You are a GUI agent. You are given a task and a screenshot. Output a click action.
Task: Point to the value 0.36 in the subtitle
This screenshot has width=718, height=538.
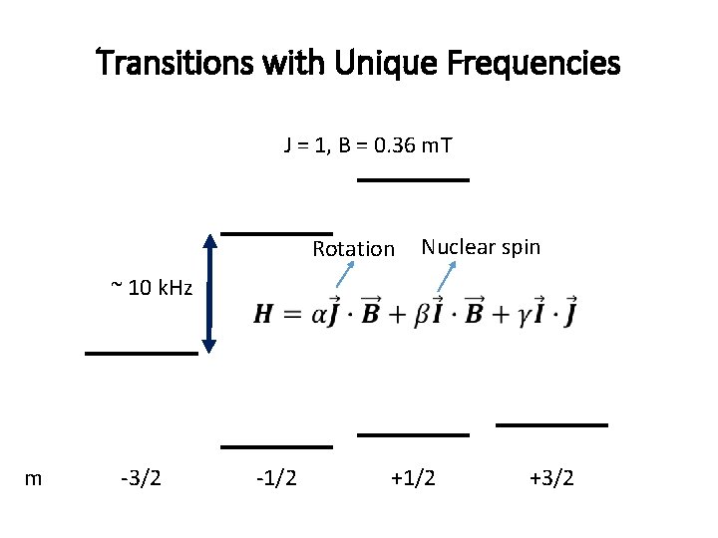(x=397, y=146)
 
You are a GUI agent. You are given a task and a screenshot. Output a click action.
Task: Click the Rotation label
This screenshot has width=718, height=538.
(x=353, y=249)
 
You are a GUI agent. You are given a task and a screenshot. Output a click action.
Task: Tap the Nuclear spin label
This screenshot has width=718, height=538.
(x=481, y=246)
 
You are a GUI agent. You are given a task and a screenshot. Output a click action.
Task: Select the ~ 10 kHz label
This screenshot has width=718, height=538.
(x=151, y=289)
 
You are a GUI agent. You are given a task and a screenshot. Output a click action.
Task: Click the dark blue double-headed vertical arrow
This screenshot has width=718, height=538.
(x=209, y=292)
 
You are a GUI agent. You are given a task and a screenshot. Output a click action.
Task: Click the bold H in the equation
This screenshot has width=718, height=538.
(x=263, y=315)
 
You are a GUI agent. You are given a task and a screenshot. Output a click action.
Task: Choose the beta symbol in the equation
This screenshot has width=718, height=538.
(x=396, y=315)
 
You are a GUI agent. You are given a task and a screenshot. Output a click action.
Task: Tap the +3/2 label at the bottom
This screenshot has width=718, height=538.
(x=551, y=478)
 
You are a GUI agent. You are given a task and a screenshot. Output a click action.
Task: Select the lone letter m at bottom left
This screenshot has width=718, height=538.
(x=33, y=478)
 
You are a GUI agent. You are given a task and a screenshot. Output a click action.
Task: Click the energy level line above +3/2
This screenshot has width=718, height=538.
(x=551, y=425)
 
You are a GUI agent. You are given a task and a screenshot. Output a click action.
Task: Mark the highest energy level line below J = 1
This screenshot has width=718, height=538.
(x=413, y=180)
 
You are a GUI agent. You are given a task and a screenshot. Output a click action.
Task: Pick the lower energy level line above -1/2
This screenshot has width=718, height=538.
(x=276, y=447)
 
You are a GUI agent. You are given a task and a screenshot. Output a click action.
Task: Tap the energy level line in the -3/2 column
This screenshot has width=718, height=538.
(x=141, y=354)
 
